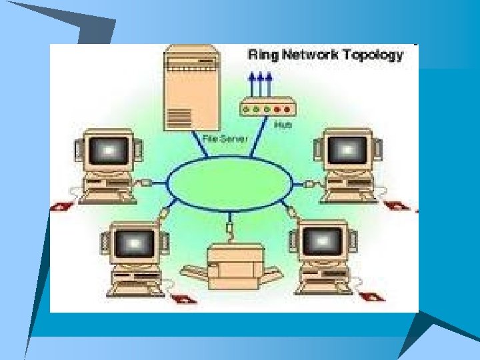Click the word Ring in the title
tap(263, 55)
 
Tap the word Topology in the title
tap(373, 55)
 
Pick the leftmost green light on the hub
tap(249, 108)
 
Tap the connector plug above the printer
tap(229, 230)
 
